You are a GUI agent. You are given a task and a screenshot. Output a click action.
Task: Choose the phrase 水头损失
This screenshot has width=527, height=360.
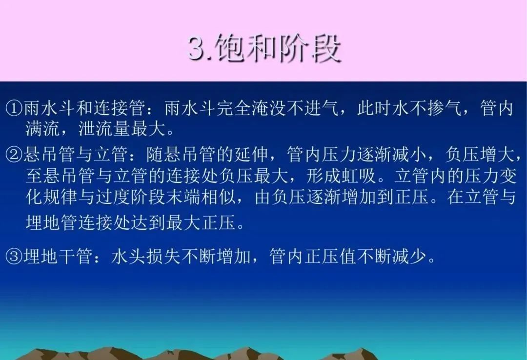point(144,257)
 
